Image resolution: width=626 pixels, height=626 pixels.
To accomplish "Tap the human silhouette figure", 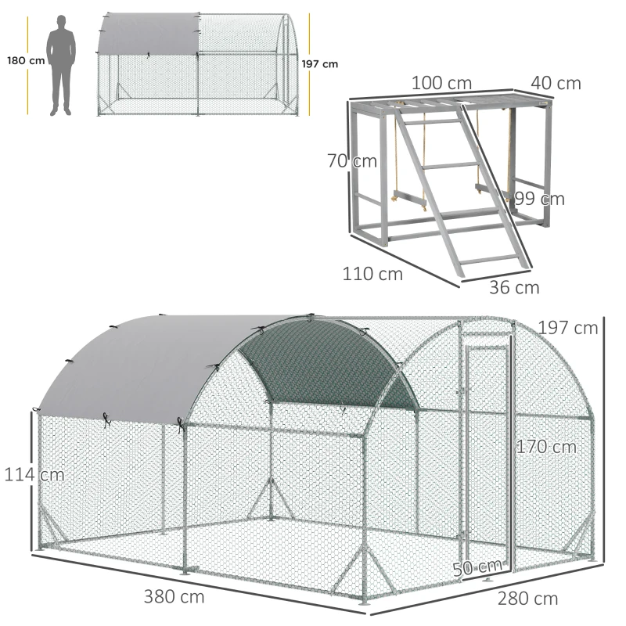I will [x=60, y=67].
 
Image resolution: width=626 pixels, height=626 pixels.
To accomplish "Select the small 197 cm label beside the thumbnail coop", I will [x=320, y=64].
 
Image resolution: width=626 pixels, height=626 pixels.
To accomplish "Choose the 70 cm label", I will [x=352, y=162].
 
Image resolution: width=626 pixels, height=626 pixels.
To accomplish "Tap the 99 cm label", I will [x=540, y=199].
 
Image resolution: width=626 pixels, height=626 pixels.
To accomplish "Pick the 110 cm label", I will [x=372, y=274].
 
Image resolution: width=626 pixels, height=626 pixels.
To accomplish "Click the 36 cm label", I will [x=514, y=287].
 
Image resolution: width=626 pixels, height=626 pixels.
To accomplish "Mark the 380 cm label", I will [x=174, y=597].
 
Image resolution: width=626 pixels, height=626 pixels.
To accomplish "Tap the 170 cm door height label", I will [x=545, y=447].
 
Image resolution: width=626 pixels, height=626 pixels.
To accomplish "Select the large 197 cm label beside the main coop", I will [x=568, y=327].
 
